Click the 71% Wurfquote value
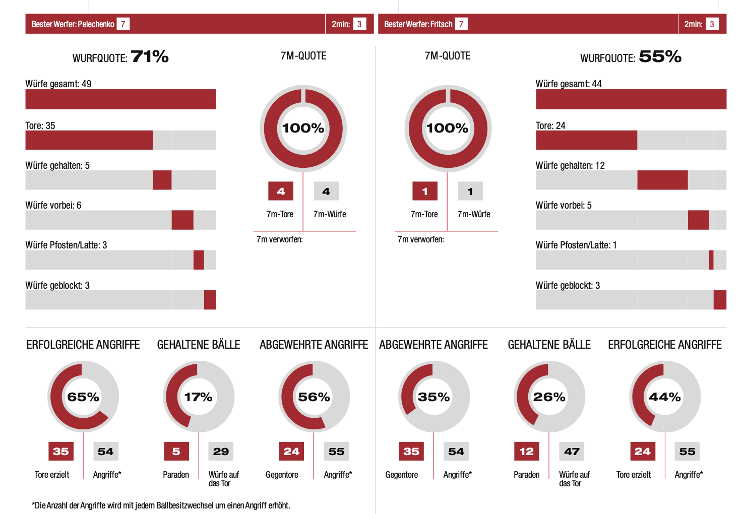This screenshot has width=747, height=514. pos(150,56)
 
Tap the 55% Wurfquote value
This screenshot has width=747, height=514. pos(660,56)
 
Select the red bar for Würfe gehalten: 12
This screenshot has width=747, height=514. pos(662,180)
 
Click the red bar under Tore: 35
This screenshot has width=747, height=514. pos(89,140)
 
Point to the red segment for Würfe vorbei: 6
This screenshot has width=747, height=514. pos(182,220)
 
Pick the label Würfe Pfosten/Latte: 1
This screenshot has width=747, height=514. pos(576,245)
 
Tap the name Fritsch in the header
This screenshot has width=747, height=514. pos(441,24)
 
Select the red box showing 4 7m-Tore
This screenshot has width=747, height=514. pos(281,191)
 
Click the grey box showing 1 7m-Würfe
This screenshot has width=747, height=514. pos(470,191)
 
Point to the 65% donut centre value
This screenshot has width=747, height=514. pos(83,397)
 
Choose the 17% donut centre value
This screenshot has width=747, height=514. pos(198,397)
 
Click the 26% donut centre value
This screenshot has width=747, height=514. pos(549,397)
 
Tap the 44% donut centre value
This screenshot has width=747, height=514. pos(664,397)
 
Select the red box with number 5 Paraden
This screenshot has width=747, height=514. pos(176,452)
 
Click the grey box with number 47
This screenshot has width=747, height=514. pos(572,452)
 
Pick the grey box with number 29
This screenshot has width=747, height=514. pos(221,452)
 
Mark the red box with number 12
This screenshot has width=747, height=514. pos(527,452)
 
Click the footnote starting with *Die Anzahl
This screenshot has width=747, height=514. pos(161,505)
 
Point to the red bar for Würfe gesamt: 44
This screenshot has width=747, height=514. pos(631,99)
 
